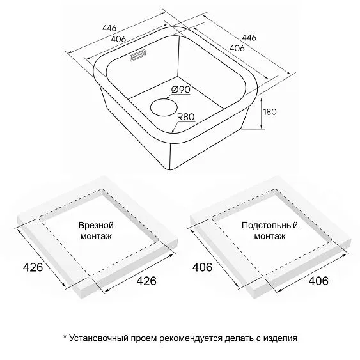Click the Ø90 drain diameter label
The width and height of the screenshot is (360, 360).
click(181, 90)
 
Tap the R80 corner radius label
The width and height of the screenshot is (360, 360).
click(185, 117)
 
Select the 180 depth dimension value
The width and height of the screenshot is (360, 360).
click(270, 112)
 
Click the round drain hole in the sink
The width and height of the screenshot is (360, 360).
click(164, 107)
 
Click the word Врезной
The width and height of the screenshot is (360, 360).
click(96, 225)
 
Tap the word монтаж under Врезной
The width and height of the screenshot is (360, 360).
click(96, 236)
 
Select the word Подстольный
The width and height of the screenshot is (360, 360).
click(270, 225)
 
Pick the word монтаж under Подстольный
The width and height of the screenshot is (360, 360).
click(270, 236)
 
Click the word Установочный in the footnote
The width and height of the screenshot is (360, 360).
click(98, 338)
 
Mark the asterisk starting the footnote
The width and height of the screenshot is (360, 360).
click(65, 336)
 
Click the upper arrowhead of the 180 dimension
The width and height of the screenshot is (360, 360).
click(262, 99)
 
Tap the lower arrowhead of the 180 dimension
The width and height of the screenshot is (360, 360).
click(262, 127)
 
